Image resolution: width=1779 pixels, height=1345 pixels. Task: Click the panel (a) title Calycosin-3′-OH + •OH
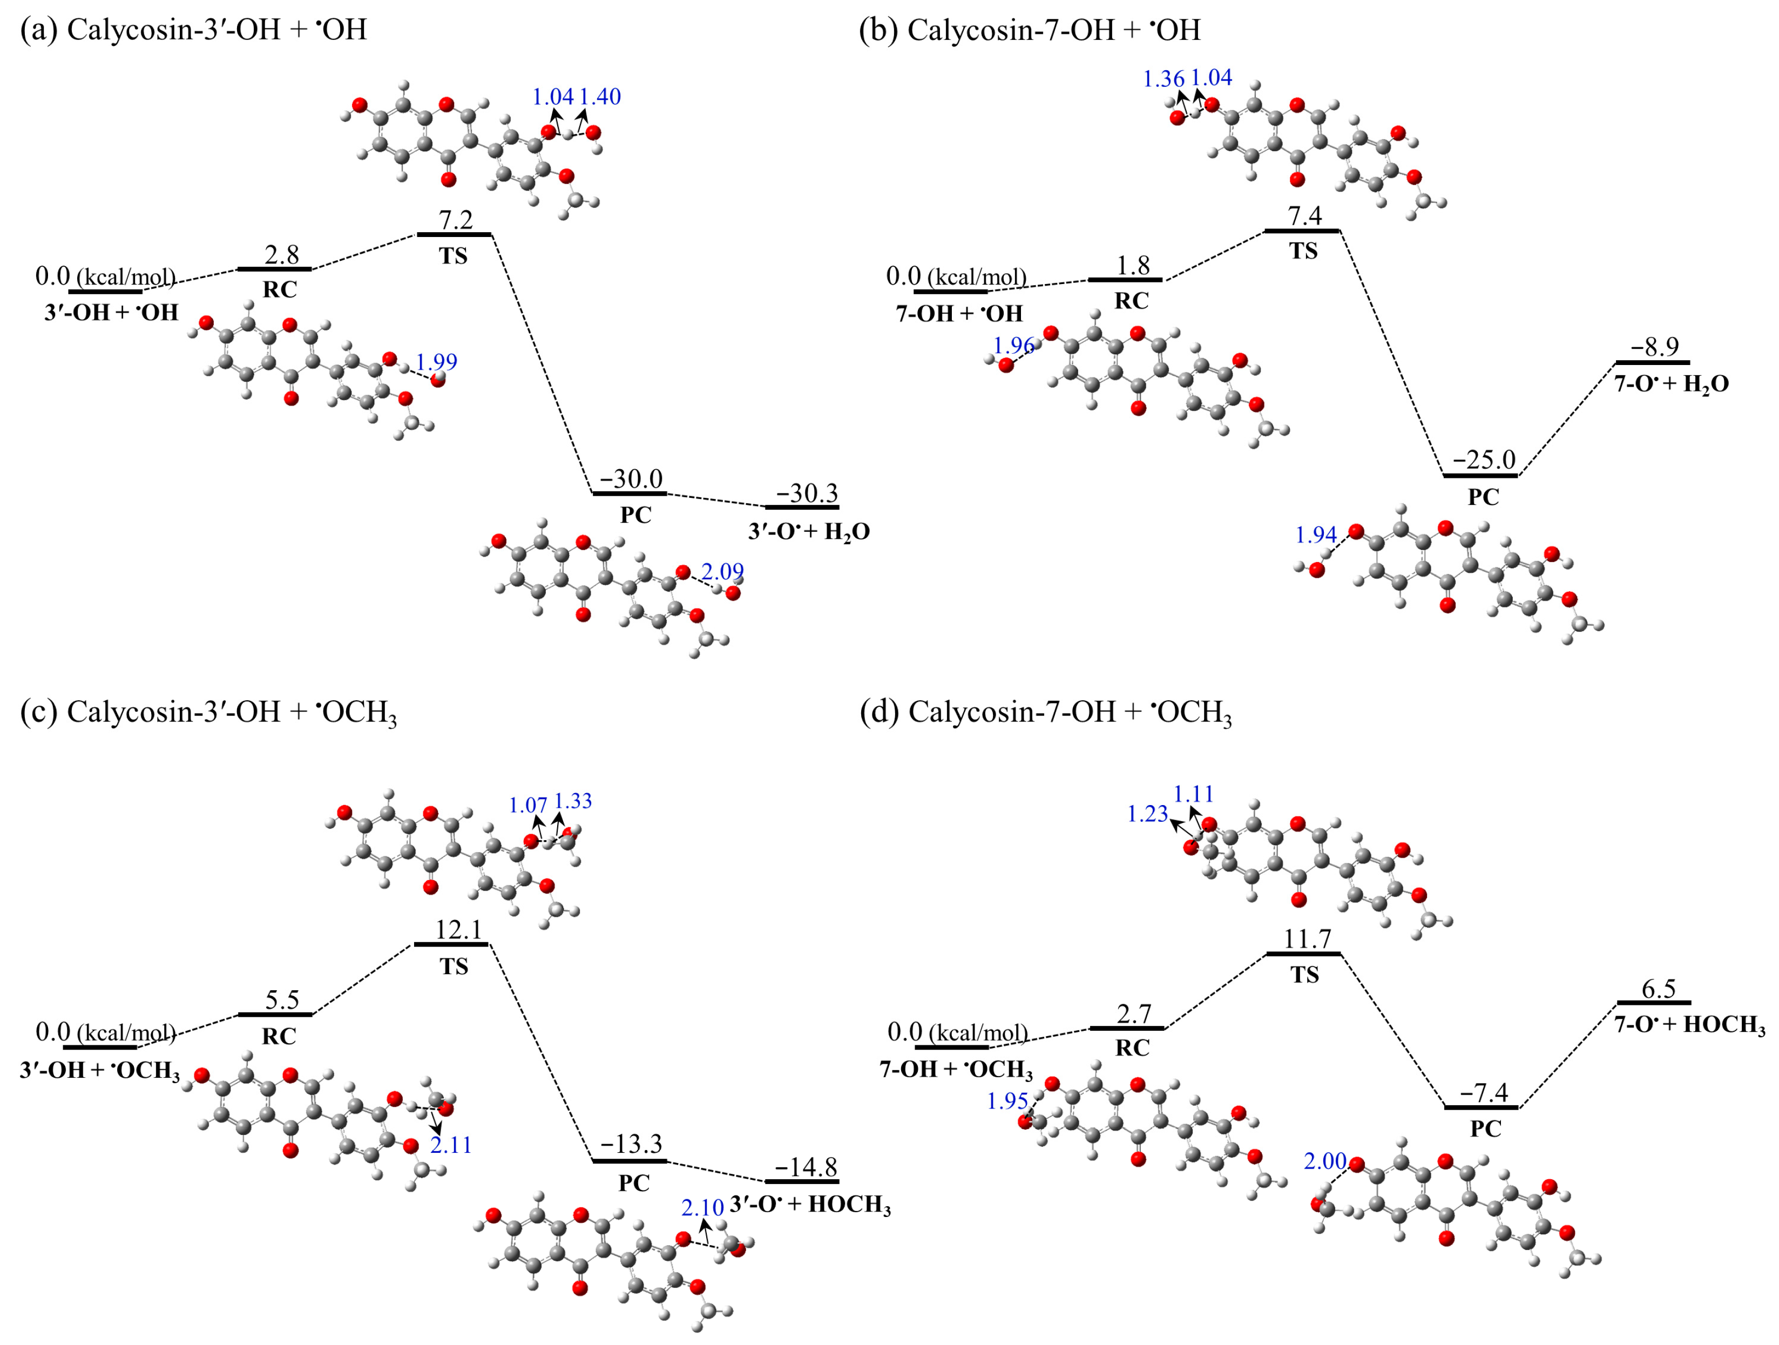click(193, 30)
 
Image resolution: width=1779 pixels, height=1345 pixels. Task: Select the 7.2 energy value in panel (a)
click(455, 219)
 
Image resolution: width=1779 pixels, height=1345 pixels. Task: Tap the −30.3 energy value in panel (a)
click(806, 492)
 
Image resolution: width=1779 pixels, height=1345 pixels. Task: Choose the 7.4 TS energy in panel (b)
click(1304, 215)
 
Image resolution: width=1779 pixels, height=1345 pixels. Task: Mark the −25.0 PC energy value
click(1483, 460)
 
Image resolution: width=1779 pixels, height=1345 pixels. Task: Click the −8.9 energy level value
click(1654, 347)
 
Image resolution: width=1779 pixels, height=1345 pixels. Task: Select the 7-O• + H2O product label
click(1671, 384)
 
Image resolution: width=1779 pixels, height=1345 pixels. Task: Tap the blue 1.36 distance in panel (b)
click(1163, 79)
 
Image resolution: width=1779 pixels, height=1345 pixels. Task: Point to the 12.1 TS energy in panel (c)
click(458, 930)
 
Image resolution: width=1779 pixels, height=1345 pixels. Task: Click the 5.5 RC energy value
click(282, 1000)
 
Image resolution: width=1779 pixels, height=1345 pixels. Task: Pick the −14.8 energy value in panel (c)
click(806, 1166)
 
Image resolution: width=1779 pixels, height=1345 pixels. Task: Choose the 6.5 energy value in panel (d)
click(1658, 989)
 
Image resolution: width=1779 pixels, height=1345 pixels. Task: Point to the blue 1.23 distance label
click(1147, 814)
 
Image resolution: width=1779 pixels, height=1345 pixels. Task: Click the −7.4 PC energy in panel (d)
click(1484, 1092)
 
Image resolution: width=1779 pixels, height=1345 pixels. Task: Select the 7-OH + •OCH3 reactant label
click(956, 1069)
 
